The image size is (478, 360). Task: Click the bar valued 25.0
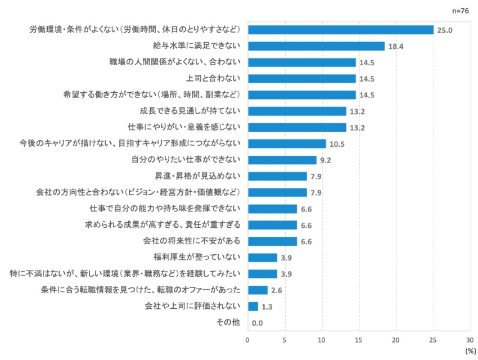(x=340, y=29)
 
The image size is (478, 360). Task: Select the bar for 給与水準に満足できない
(x=315, y=46)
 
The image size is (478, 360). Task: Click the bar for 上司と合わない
(x=301, y=78)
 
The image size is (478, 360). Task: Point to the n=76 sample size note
(x=460, y=10)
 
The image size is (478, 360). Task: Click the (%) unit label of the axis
(x=470, y=350)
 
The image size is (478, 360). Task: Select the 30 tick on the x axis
(x=470, y=340)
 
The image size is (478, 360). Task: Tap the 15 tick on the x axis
(x=359, y=340)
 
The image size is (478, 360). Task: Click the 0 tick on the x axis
(x=247, y=340)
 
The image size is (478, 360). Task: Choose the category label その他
(x=228, y=322)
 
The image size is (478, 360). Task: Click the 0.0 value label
(x=258, y=323)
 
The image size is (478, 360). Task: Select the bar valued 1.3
(x=252, y=306)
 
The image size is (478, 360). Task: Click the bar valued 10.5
(x=286, y=143)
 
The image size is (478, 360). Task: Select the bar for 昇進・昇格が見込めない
(x=277, y=176)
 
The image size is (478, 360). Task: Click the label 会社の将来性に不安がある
(x=192, y=241)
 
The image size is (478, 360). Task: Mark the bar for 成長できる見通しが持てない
(x=296, y=111)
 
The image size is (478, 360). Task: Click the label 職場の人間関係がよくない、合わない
(x=175, y=62)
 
